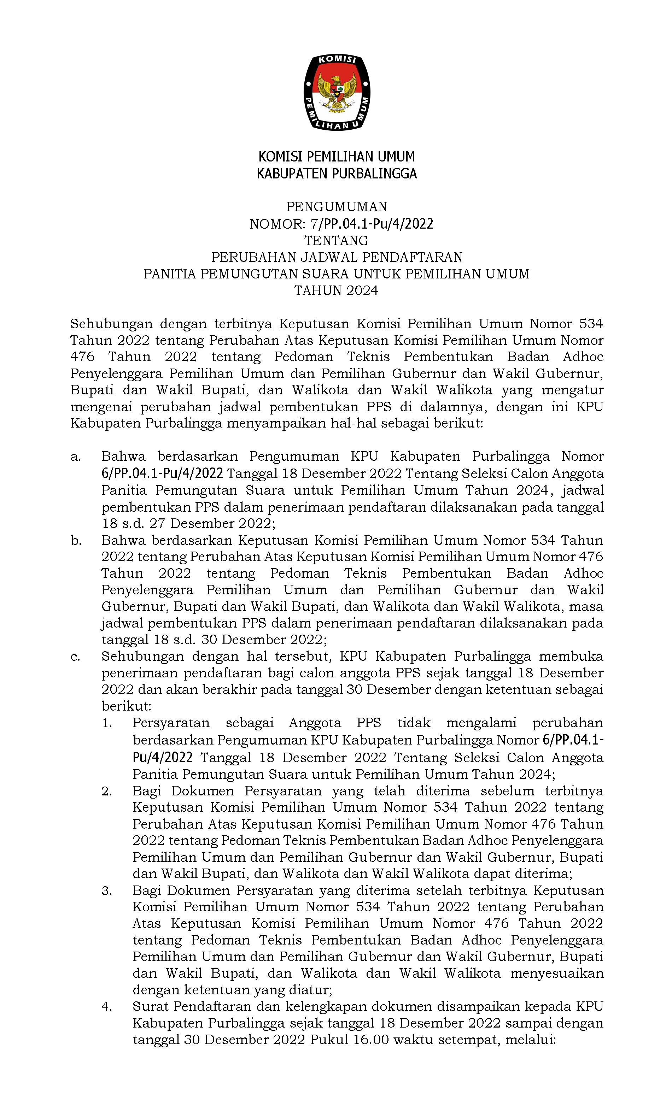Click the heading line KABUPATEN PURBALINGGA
[337, 174]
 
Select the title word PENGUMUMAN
[337, 207]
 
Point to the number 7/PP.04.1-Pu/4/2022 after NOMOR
[372, 224]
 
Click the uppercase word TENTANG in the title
[337, 241]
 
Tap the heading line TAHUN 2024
[337, 291]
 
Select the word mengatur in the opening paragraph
[572, 390]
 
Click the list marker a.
[75, 457]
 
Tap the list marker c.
[75, 657]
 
